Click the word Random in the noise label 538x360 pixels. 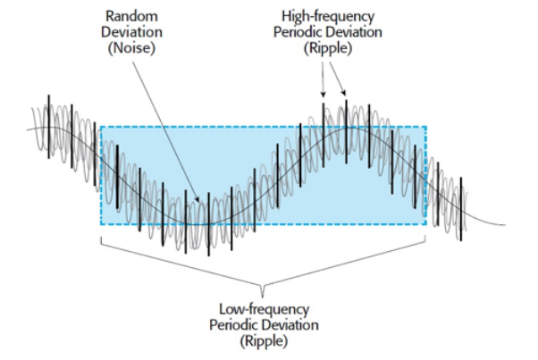pyautogui.click(x=131, y=16)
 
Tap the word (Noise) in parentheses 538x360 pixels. pyautogui.click(x=131, y=47)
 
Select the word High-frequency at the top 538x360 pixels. pyautogui.click(x=328, y=16)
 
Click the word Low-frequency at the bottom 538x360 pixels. pyautogui.click(x=264, y=309)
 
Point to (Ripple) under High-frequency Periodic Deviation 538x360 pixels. pyautogui.click(x=328, y=48)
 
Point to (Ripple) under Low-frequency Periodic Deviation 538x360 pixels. pyautogui.click(x=264, y=341)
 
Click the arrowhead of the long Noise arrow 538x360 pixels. pyautogui.click(x=198, y=199)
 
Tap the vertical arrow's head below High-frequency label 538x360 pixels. pyautogui.click(x=323, y=95)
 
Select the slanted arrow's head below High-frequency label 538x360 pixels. pyautogui.click(x=344, y=93)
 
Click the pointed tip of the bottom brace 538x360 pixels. pyautogui.click(x=263, y=297)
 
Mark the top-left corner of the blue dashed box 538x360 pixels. pyautogui.click(x=101, y=127)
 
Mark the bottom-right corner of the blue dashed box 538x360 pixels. pyautogui.click(x=426, y=224)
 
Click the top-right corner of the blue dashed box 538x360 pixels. pyautogui.click(x=426, y=127)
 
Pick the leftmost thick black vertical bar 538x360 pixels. pyautogui.click(x=49, y=127)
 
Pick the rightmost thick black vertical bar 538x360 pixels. pyautogui.click(x=461, y=209)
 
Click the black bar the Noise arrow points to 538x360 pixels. pyautogui.click(x=208, y=224)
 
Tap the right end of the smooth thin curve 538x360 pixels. pyautogui.click(x=505, y=225)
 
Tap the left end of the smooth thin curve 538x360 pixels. pyautogui.click(x=28, y=130)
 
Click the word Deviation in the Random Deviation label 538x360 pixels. pyautogui.click(x=131, y=32)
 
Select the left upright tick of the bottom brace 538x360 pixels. pyautogui.click(x=101, y=240)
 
